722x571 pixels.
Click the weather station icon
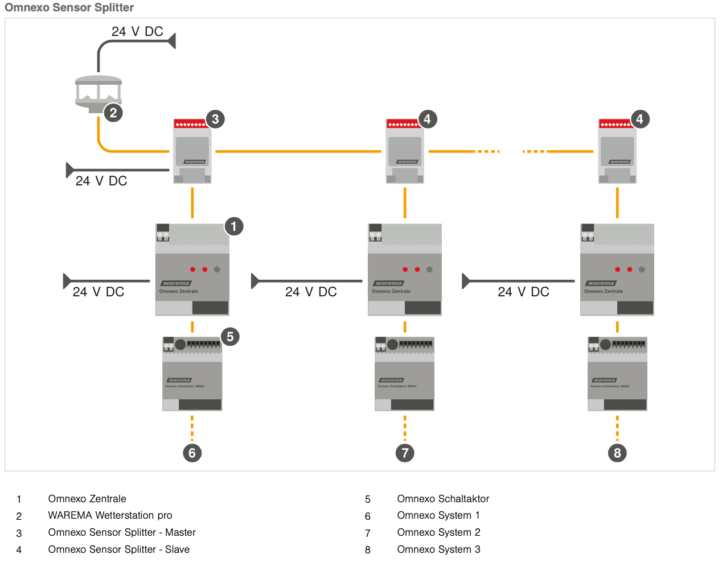click(98, 93)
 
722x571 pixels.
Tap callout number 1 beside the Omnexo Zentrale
click(233, 226)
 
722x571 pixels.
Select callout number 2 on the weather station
click(113, 113)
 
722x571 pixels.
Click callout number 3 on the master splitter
click(215, 119)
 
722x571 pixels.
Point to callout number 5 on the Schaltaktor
click(230, 337)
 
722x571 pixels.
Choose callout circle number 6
click(192, 453)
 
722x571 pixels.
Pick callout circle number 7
click(405, 453)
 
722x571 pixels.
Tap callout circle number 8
click(617, 453)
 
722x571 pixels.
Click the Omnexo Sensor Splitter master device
click(192, 152)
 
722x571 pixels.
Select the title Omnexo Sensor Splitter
click(69, 7)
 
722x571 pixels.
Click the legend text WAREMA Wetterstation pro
click(110, 515)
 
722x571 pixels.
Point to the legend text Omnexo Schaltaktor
click(443, 499)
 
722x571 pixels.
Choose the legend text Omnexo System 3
click(438, 549)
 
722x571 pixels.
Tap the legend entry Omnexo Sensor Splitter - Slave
click(118, 549)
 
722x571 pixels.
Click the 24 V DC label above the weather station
click(137, 31)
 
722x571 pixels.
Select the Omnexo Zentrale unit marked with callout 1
click(192, 270)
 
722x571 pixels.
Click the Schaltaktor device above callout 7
click(405, 374)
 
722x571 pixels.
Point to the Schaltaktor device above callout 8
click(617, 374)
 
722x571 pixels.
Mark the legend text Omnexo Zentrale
click(87, 499)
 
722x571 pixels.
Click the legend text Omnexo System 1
click(438, 515)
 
